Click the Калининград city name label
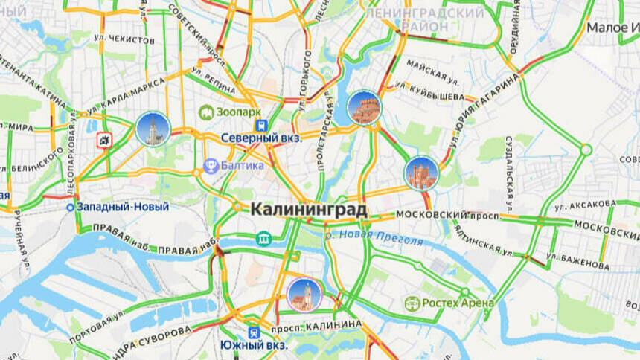click(x=309, y=210)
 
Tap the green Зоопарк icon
click(x=206, y=112)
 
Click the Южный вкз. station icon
click(x=254, y=332)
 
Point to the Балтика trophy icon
click(x=211, y=165)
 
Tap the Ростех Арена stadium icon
click(x=412, y=303)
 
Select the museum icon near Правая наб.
click(x=262, y=238)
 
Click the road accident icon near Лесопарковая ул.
click(x=103, y=139)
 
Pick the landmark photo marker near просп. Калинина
click(x=304, y=295)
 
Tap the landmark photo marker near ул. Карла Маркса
click(x=153, y=129)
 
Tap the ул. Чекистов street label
click(x=123, y=39)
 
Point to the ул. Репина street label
click(x=212, y=77)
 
